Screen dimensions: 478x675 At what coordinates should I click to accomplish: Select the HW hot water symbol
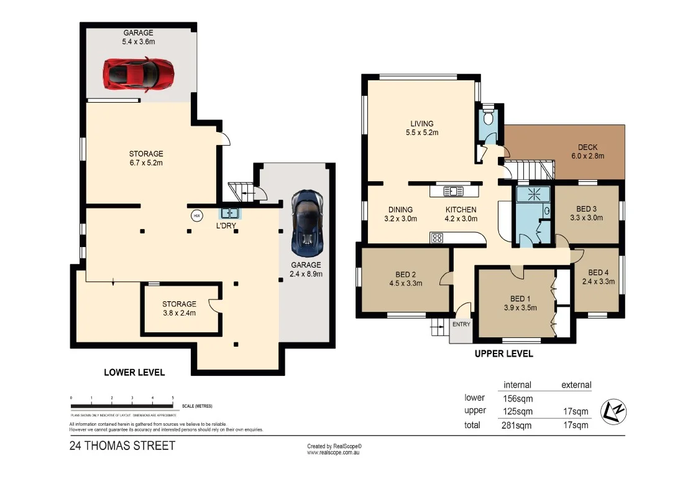[197, 215]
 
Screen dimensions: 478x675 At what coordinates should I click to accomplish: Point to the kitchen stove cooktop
[436, 237]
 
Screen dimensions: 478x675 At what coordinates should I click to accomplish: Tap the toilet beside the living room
[489, 117]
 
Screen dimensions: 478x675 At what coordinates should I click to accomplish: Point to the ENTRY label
[462, 324]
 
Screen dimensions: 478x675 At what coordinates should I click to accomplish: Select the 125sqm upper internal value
[517, 411]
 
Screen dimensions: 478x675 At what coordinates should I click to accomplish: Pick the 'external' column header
[576, 385]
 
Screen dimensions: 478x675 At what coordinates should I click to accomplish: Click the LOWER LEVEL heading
[134, 373]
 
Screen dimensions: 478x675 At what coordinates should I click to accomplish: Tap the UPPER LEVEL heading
[503, 354]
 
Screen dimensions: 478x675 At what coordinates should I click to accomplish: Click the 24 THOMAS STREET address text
[122, 446]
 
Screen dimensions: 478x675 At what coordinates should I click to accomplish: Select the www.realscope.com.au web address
[334, 452]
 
